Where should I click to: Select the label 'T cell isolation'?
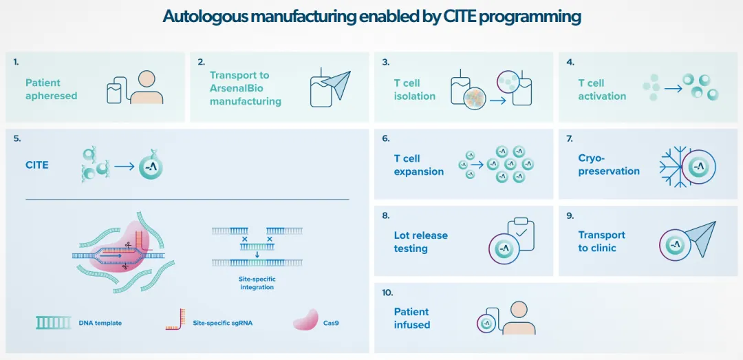[414, 89]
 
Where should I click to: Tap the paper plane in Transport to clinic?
[701, 238]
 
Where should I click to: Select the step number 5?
[17, 138]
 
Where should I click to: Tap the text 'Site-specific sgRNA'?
[222, 323]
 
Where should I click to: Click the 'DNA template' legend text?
[100, 323]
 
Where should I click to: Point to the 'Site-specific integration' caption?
[257, 283]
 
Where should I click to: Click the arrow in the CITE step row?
[124, 166]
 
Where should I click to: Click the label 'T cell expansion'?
[418, 165]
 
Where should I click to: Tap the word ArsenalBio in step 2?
[236, 88]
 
